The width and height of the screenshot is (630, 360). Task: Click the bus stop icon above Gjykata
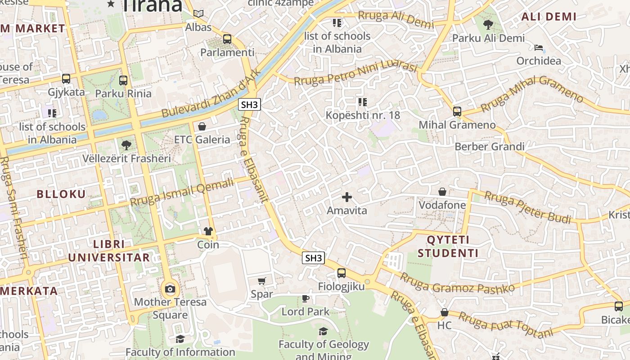(66, 79)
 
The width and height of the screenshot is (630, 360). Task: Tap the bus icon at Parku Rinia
(123, 81)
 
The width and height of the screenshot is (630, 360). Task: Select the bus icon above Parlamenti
(227, 39)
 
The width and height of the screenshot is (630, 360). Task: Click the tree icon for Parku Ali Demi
(488, 25)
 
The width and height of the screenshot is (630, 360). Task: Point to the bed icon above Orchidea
(539, 48)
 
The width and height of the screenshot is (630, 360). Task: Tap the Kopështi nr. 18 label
(363, 115)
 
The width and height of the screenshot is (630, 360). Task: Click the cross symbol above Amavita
(346, 197)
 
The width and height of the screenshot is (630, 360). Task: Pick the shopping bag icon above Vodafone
(442, 192)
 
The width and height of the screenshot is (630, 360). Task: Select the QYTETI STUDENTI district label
(448, 246)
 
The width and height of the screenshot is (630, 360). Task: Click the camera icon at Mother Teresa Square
(170, 289)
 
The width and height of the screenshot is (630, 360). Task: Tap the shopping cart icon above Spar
(262, 281)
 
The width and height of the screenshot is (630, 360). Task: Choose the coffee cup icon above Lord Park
(306, 298)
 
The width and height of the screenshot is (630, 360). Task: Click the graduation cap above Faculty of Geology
(323, 332)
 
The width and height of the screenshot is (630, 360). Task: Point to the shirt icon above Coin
(208, 231)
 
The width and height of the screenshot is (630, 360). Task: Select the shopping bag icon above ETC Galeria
(202, 126)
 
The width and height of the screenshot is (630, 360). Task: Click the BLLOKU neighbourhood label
(61, 194)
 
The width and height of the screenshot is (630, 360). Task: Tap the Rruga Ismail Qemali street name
(182, 192)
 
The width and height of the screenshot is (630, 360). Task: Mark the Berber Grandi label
(490, 147)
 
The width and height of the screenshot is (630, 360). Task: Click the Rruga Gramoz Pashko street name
(457, 283)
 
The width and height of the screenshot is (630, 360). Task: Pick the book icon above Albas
(198, 14)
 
